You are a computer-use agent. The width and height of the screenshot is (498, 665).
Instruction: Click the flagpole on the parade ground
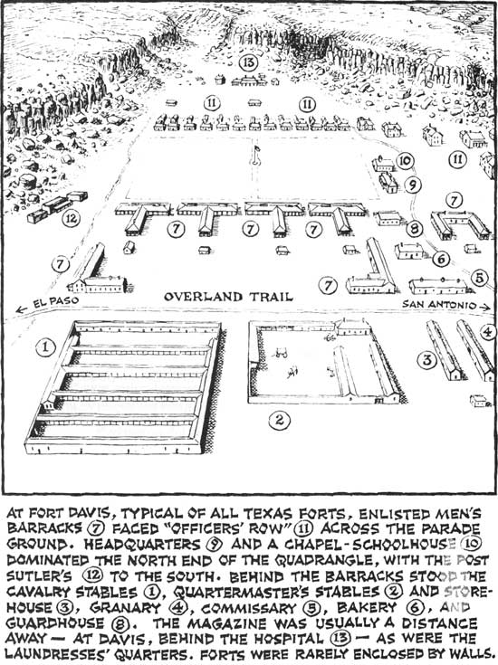pos(255,155)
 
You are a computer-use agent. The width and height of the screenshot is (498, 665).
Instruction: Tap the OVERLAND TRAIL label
pos(228,297)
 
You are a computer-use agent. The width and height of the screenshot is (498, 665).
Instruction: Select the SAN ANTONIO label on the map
pos(439,304)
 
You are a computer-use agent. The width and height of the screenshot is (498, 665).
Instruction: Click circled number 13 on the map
pos(248,62)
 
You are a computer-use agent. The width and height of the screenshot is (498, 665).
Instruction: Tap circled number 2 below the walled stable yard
pos(279,420)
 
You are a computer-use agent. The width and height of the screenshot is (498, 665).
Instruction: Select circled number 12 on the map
pos(72,219)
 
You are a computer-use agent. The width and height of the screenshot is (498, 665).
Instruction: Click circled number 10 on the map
pos(405,160)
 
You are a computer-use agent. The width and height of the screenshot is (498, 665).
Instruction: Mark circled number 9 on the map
pos(412,185)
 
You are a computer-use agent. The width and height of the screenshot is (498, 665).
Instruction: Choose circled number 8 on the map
pos(414,229)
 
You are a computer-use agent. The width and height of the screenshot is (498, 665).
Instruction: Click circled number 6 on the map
pos(441,258)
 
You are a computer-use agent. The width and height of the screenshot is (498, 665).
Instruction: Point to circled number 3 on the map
pos(426,360)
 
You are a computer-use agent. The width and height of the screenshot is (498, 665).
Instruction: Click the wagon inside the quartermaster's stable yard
pos(279,353)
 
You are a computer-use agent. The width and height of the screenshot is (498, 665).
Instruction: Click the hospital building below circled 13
pos(249,81)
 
